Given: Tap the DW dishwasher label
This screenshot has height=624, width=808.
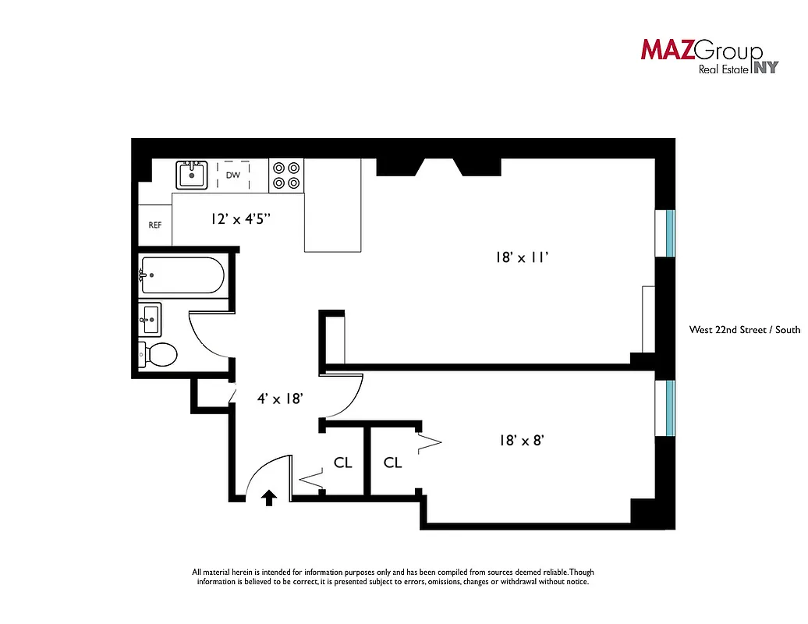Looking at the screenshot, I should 232,175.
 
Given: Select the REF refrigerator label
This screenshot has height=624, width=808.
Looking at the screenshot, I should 154,225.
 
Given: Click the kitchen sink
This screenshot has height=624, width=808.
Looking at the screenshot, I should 192,174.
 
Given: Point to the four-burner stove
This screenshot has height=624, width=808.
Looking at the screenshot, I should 286,175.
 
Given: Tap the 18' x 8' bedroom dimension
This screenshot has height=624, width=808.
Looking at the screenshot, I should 521,440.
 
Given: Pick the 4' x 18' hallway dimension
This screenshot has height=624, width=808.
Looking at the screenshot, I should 280,398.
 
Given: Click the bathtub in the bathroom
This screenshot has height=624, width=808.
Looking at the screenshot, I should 183,275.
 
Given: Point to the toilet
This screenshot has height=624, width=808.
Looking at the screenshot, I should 158,355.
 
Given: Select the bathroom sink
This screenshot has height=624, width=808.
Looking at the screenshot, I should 151,317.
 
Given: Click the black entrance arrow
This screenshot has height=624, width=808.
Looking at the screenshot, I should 269,497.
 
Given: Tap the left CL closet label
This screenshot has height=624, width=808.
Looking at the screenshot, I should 343,463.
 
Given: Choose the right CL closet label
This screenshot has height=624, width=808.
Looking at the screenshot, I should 393,463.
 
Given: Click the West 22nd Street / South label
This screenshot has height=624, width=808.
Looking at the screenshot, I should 744,329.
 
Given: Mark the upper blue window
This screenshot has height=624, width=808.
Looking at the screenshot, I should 670,232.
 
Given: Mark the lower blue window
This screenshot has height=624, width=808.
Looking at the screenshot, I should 670,406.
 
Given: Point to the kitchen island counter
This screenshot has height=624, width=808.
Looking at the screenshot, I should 334,205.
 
